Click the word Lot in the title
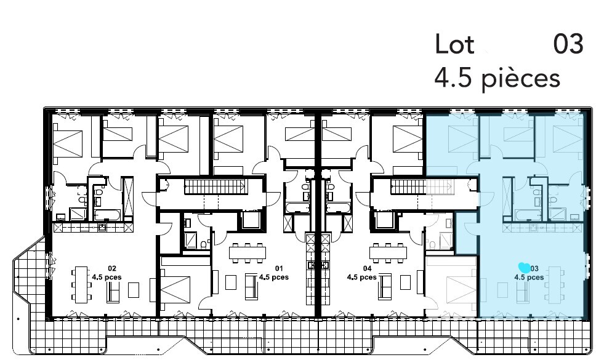click(454, 44)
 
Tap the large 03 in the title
click(568, 44)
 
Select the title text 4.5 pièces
click(497, 78)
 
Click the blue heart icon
click(524, 268)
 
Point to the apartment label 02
click(112, 268)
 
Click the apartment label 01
click(279, 268)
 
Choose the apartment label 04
click(367, 268)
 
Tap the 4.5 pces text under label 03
click(529, 278)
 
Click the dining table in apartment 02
click(81, 284)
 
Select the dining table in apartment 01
click(248, 253)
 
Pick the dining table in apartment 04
click(388, 253)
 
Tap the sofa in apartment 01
click(251, 287)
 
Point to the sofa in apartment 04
click(385, 287)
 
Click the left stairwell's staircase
click(215, 186)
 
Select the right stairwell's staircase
click(423, 187)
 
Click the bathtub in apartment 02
click(107, 215)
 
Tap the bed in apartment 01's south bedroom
click(175, 290)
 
